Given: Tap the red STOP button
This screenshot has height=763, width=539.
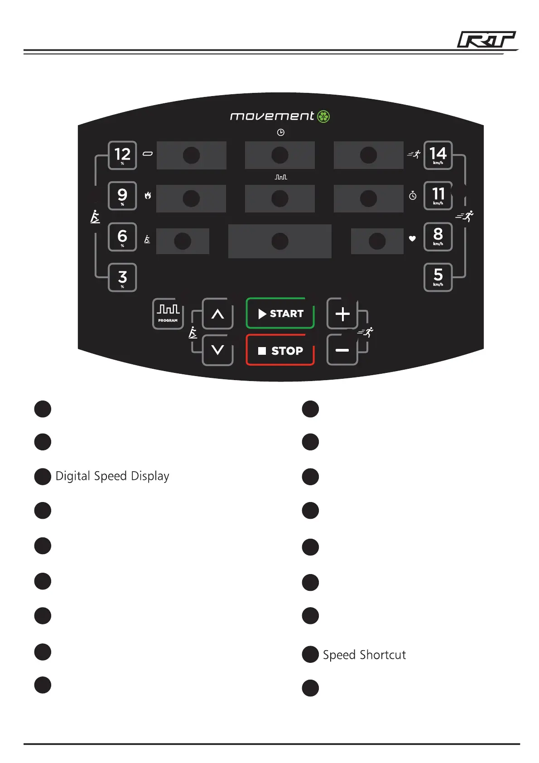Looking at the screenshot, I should point(280,350).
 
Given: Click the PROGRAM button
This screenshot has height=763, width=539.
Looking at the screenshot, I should point(168,314).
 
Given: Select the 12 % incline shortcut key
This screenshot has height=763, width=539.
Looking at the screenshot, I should point(122,155).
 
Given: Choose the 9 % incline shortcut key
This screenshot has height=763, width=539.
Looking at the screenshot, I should point(122,196).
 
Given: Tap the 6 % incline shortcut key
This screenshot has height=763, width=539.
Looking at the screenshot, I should point(122,237).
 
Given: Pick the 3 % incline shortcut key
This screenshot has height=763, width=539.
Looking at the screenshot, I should point(122,277).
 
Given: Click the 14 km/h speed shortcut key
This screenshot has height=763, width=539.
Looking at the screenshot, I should point(438,155).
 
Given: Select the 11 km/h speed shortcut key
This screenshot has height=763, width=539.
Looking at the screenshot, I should point(438,196).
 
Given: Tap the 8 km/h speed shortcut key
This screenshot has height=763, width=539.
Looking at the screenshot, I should point(438,237).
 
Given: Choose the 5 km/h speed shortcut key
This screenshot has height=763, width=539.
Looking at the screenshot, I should point(438,277).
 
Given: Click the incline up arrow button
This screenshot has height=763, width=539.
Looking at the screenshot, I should point(218,314).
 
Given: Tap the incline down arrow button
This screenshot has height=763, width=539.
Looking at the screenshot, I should point(218,350).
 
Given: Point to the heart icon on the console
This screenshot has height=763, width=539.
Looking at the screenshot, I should point(412,238).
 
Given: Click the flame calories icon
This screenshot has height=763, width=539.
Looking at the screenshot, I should point(148,196).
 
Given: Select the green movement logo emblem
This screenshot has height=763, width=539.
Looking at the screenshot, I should point(323,116).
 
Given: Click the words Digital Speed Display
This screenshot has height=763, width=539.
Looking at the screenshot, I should point(112,476).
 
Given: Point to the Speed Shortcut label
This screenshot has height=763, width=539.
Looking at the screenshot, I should point(364,655).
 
